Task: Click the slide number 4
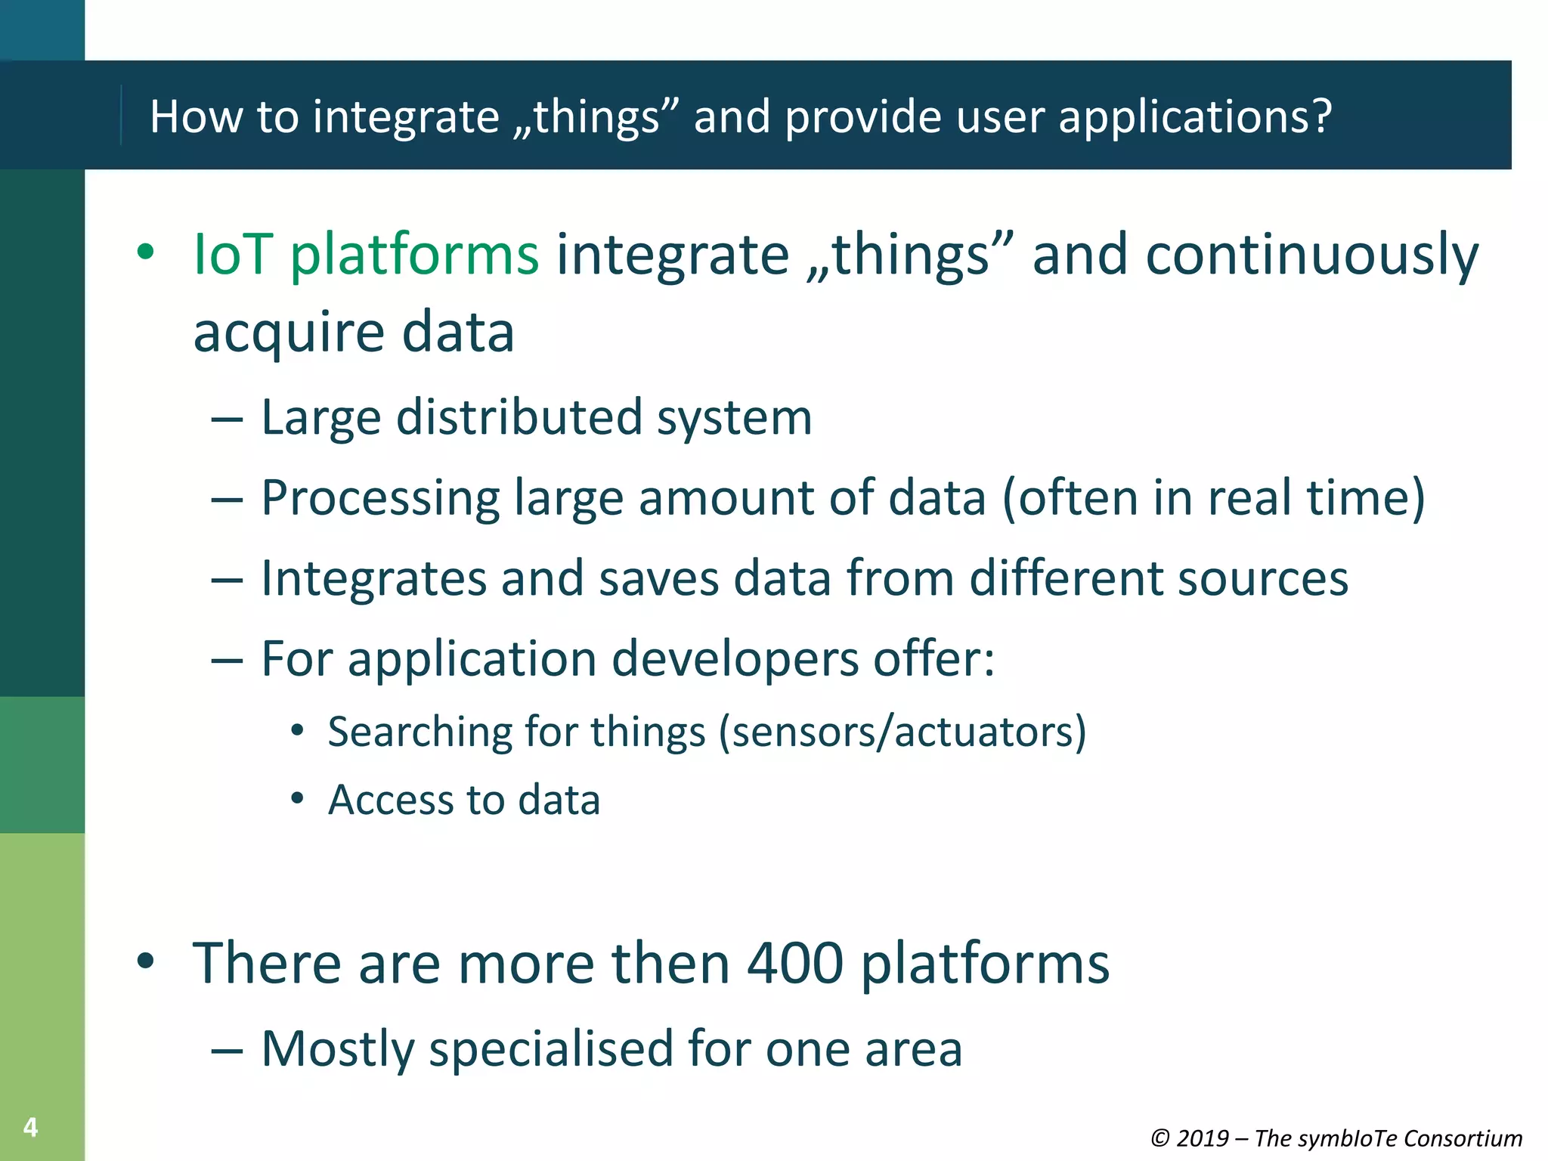tap(30, 1127)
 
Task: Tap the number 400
tap(794, 963)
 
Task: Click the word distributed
tap(519, 417)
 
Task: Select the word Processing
tap(380, 499)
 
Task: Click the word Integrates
tap(373, 578)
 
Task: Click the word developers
tap(735, 659)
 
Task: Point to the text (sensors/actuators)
tap(902, 732)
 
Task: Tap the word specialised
tap(550, 1049)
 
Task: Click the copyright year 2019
tap(1202, 1138)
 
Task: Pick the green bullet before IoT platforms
tap(145, 252)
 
